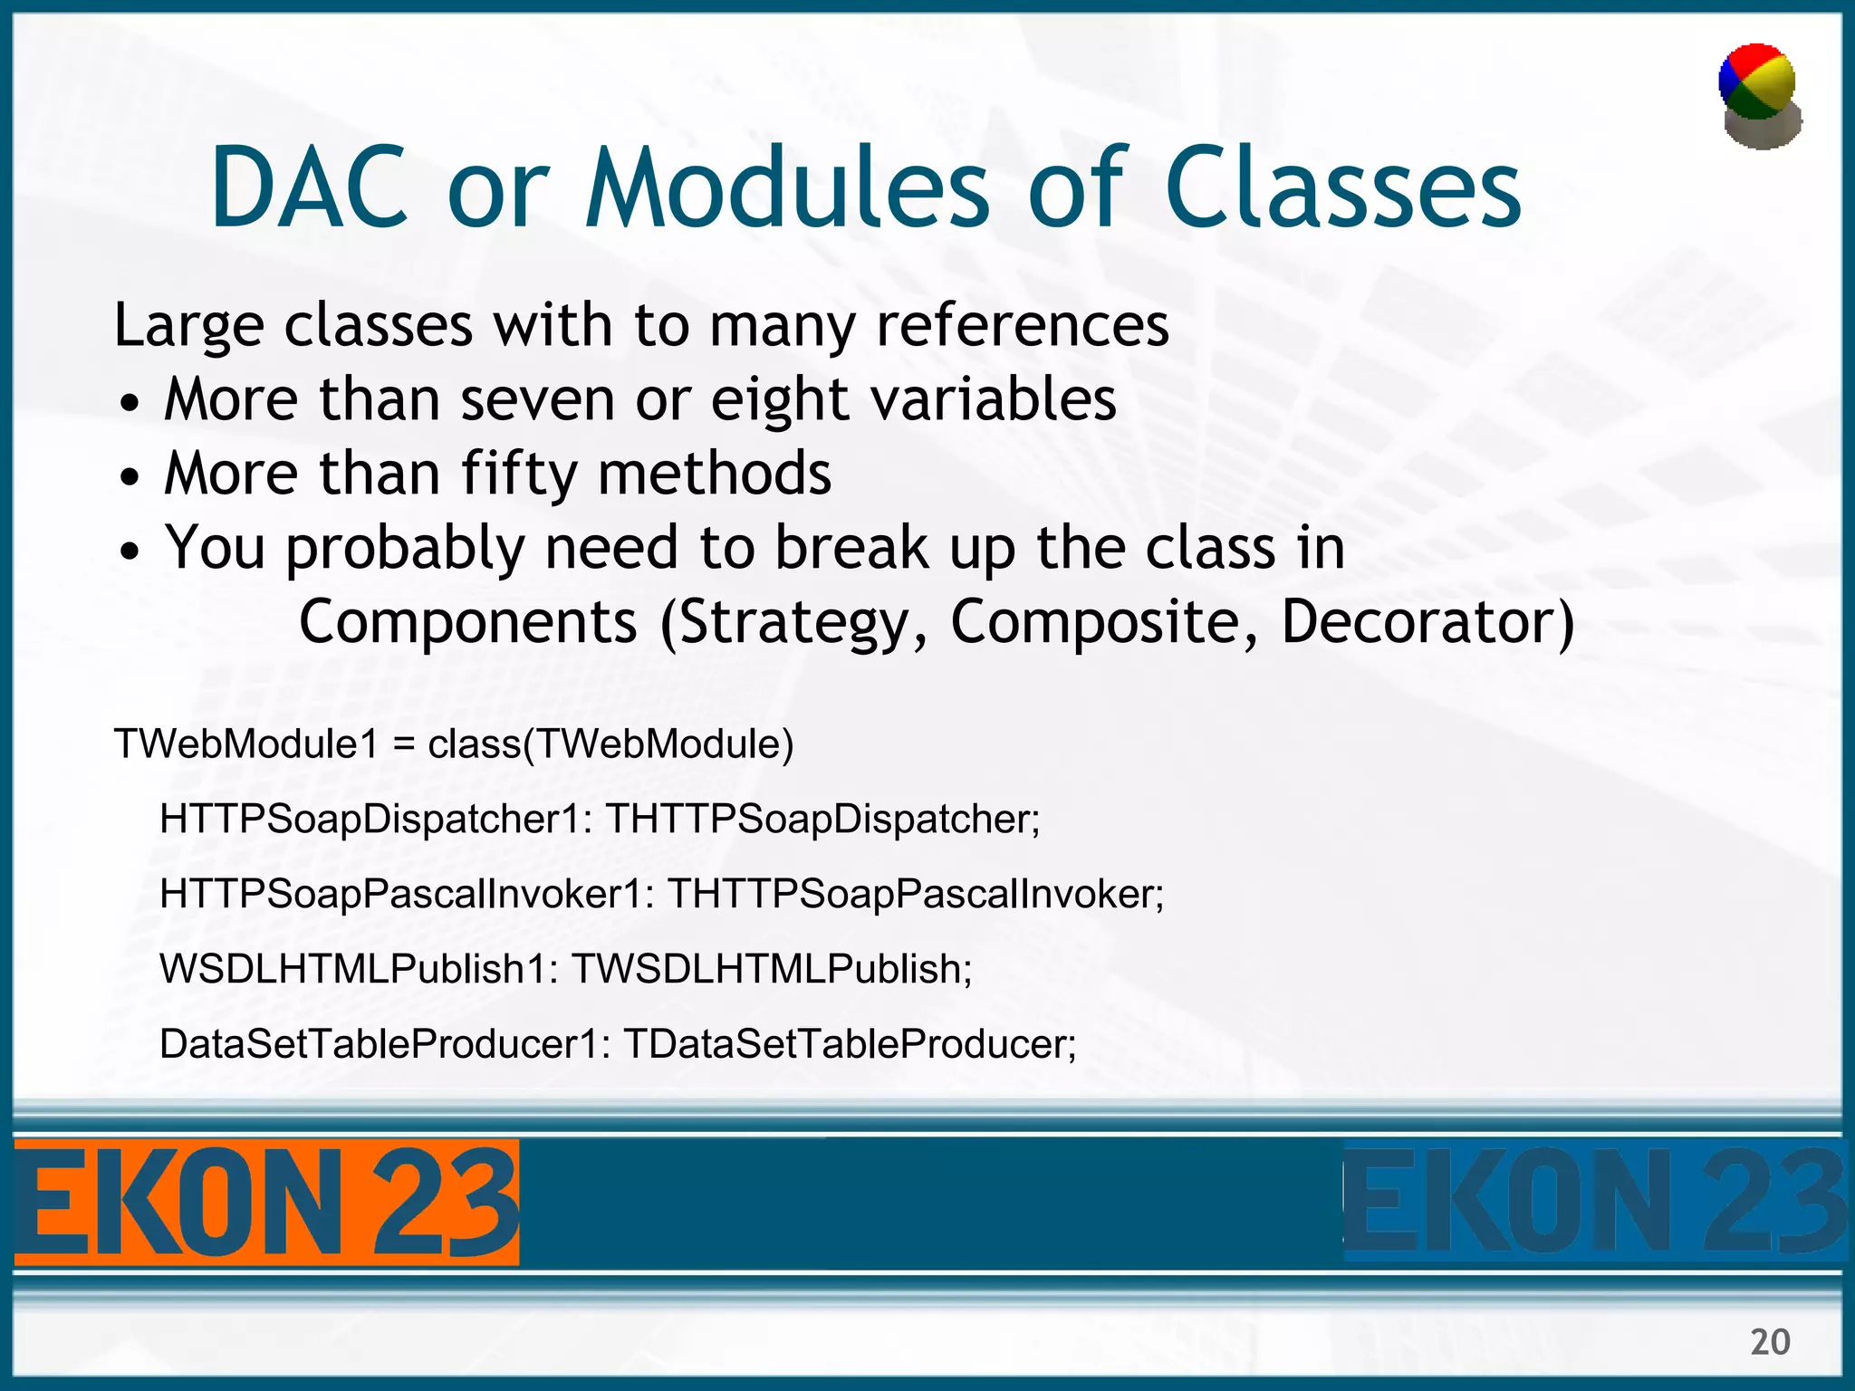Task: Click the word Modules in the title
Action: click(x=786, y=187)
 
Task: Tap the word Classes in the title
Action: click(x=1343, y=187)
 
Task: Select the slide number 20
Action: click(x=1770, y=1341)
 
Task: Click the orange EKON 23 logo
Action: click(x=265, y=1203)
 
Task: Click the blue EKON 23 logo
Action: click(x=1594, y=1203)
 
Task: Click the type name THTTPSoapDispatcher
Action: click(x=820, y=820)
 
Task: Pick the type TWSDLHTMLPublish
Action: click(x=770, y=970)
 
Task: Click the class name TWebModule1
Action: click(x=245, y=744)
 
